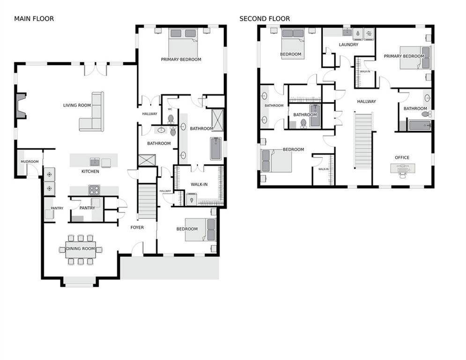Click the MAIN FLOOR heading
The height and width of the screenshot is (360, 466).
[34, 19]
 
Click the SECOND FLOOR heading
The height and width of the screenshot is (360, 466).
[265, 19]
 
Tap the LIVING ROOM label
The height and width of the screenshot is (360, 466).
[77, 105]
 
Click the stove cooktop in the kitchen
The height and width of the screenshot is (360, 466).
[94, 190]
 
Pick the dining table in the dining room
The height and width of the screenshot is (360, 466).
[80, 249]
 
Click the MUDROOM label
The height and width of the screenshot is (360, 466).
[29, 162]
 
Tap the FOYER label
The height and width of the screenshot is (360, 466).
[137, 227]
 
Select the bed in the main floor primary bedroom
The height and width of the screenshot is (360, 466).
[183, 42]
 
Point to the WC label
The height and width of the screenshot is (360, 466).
[170, 109]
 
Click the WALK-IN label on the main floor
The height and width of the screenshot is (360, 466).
[199, 184]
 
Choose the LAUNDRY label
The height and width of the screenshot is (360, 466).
[348, 45]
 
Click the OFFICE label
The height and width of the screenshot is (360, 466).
[402, 157]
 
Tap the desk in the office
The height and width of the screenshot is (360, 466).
[402, 168]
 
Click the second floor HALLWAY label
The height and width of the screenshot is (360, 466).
[366, 101]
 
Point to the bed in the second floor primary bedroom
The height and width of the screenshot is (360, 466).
[415, 57]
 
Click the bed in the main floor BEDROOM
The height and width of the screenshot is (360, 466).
[200, 230]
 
